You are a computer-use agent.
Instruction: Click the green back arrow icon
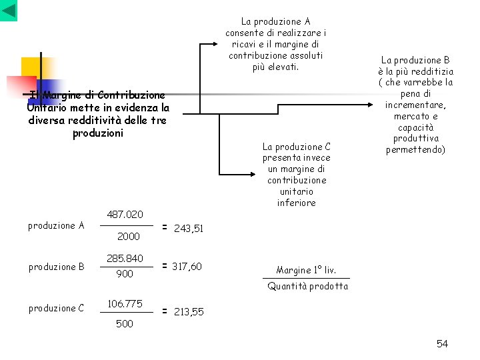[9, 10]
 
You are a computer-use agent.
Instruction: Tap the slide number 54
[442, 343]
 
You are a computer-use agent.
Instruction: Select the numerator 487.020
[125, 214]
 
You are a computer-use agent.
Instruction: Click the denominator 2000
[128, 236]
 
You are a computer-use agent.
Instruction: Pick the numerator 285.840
[125, 258]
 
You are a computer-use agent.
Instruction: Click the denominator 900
[125, 273]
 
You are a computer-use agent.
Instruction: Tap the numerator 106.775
[125, 303]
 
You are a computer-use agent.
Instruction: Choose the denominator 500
[124, 323]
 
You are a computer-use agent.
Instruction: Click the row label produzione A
[56, 225]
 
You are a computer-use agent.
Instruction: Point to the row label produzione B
[56, 267]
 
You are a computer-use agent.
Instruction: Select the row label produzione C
[56, 308]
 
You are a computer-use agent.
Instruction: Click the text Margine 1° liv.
[306, 270]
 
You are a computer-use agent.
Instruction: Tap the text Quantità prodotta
[307, 286]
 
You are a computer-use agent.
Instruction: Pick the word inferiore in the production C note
[296, 203]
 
